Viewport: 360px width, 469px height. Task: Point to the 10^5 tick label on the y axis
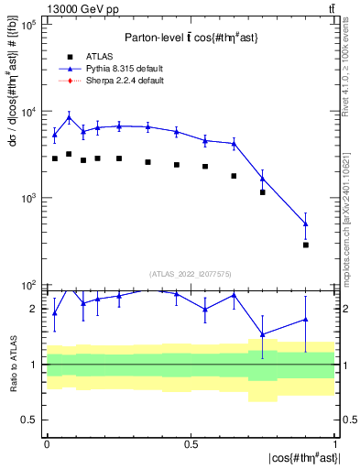[27, 25]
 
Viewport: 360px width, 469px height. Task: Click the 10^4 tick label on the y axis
[27, 112]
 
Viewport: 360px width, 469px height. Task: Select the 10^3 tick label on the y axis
[27, 198]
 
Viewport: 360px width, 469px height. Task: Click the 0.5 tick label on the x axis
[190, 442]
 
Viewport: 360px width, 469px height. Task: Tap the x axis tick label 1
[334, 442]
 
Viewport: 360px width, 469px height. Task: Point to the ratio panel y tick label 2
[34, 309]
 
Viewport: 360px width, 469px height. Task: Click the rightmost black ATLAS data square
[306, 245]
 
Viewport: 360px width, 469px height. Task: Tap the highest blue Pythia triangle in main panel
[69, 117]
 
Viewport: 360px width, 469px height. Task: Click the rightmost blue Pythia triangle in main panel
[306, 224]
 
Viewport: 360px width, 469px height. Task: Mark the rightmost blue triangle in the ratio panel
[306, 319]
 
